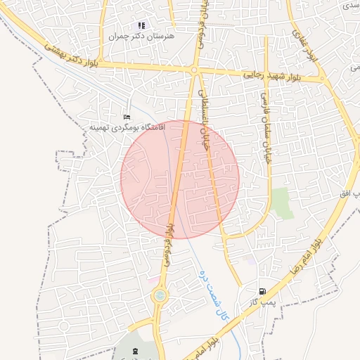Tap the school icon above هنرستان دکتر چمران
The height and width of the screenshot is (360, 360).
(x=141, y=25)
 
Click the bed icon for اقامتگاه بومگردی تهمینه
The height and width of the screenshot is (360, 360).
(x=127, y=117)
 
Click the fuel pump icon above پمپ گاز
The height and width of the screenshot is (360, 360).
(x=262, y=290)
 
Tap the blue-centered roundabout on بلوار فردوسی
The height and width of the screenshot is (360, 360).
(x=161, y=296)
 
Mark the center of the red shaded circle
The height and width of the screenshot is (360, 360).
(x=180, y=179)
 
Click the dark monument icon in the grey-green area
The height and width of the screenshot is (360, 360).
(x=136, y=349)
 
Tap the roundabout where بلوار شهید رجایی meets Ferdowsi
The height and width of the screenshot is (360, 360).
(x=194, y=70)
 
